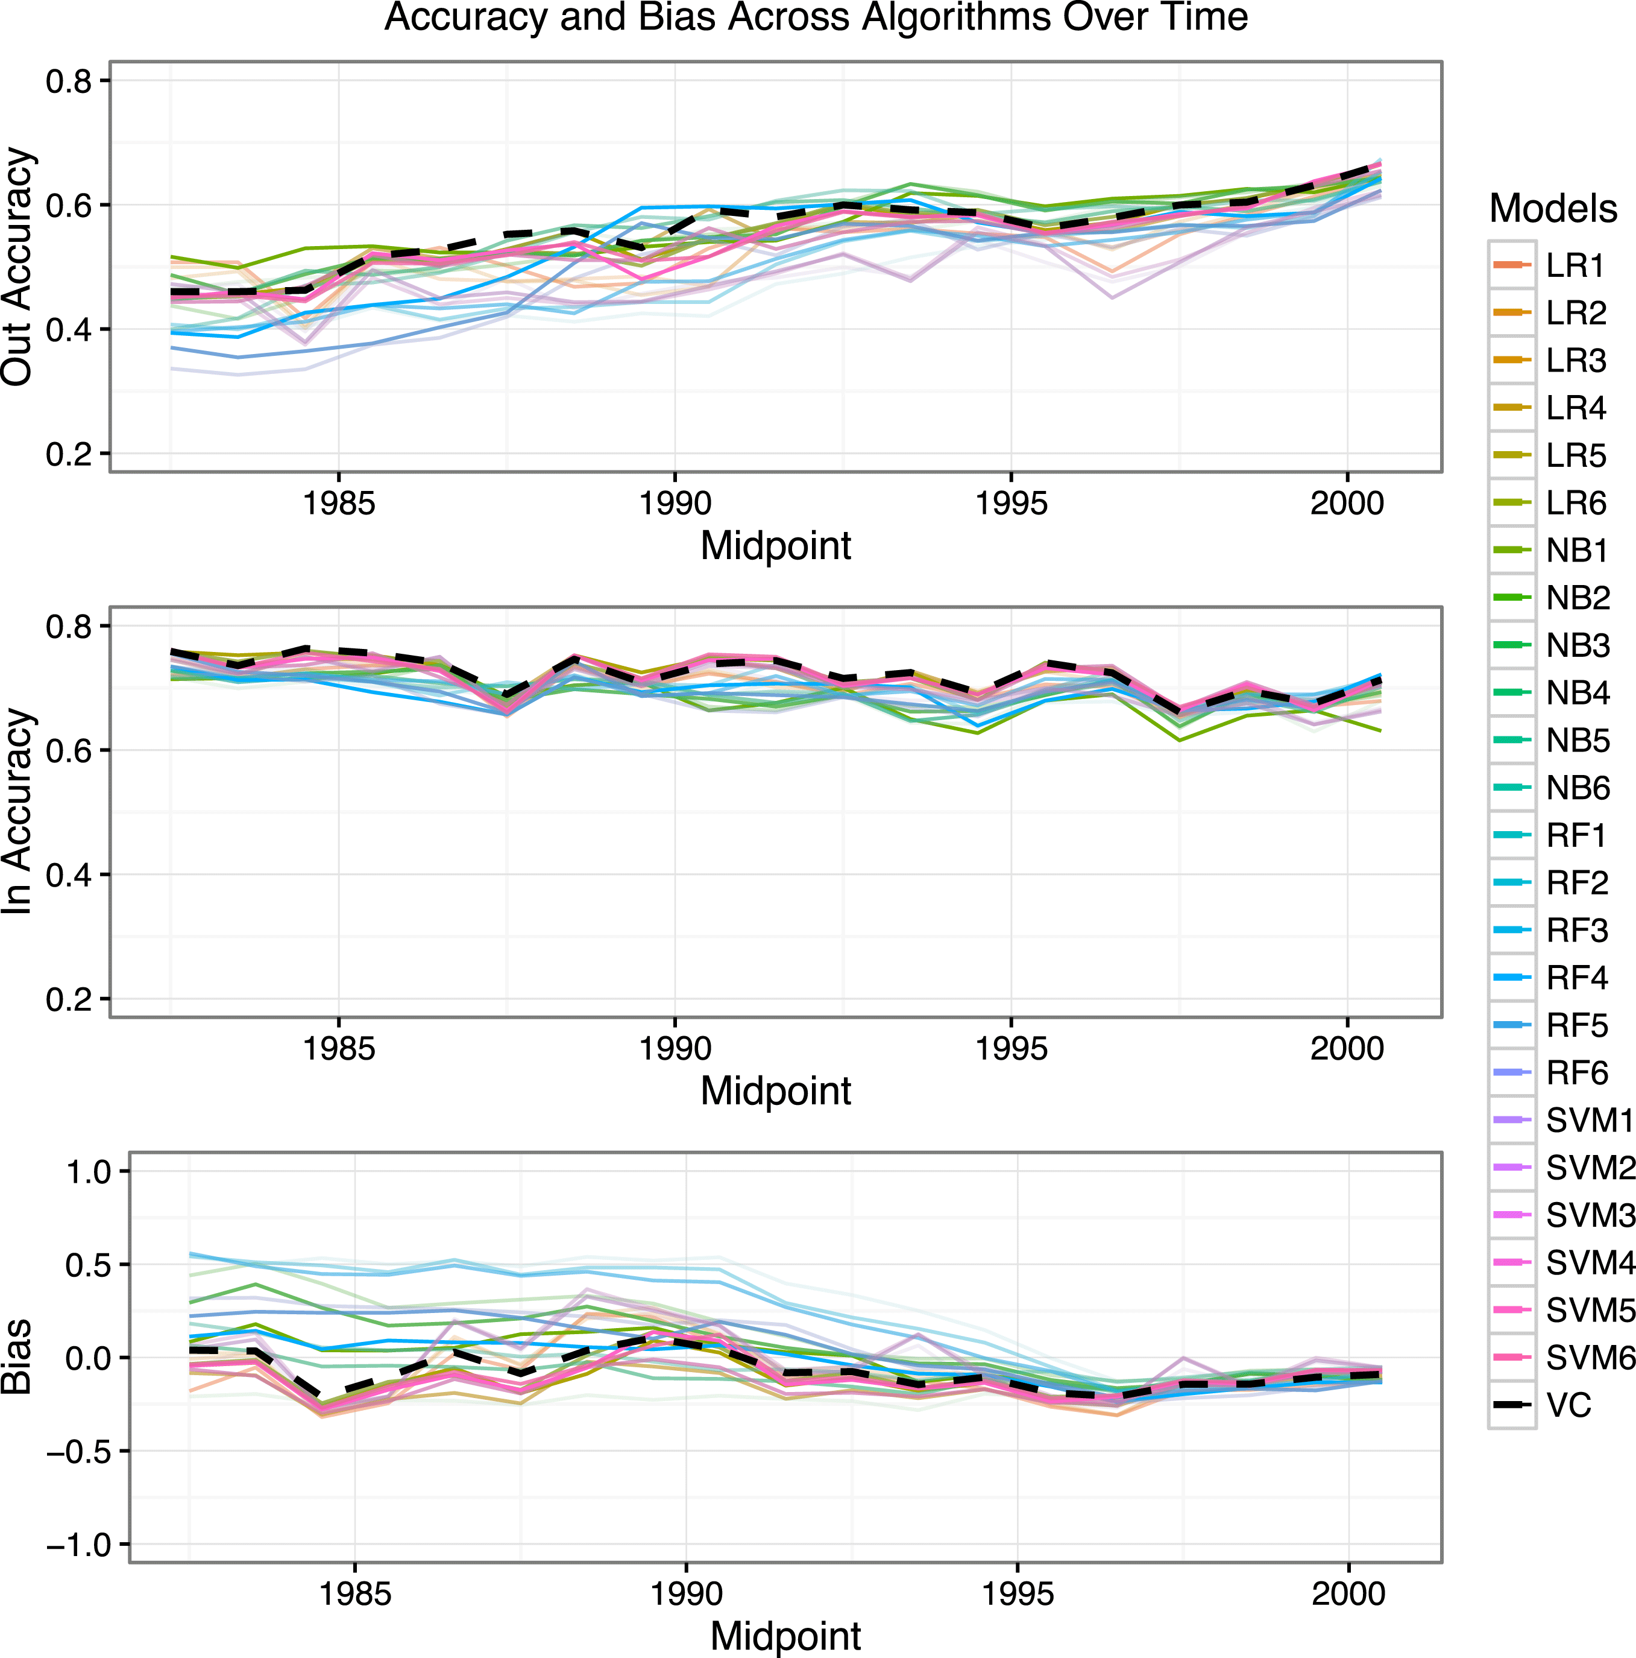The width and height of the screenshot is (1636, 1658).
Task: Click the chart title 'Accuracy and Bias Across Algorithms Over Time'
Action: (816, 18)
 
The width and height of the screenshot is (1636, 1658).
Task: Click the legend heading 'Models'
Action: (1553, 209)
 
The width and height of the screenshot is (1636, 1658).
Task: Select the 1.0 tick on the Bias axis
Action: (89, 1171)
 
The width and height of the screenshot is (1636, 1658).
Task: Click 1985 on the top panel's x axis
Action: (339, 503)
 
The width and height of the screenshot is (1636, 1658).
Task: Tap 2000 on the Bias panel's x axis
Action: (1348, 1593)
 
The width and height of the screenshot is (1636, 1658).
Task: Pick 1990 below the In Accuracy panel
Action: (675, 1049)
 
